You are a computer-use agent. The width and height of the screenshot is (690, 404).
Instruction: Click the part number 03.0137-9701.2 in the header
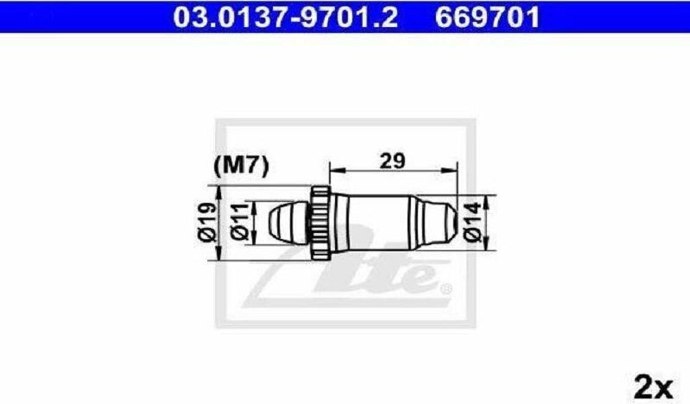286,18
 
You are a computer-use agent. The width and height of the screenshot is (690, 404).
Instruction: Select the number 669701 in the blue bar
487,18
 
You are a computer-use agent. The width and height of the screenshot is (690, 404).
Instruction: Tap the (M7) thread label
241,166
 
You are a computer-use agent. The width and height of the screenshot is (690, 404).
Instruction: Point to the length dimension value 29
392,161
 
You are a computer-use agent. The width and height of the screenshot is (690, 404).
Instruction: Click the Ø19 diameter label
208,222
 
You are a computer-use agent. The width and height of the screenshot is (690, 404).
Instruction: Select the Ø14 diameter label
472,222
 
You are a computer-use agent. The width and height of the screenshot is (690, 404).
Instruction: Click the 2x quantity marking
654,387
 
